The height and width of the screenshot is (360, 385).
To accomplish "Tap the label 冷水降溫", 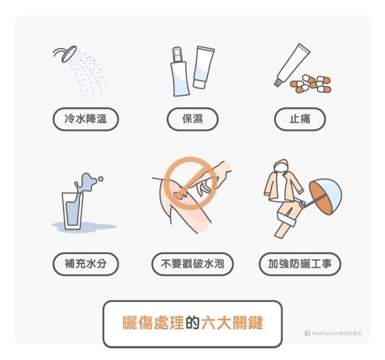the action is click(x=86, y=119).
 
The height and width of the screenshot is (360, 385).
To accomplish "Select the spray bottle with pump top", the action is click(x=180, y=71).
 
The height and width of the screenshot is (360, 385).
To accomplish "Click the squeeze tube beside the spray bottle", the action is click(x=203, y=67).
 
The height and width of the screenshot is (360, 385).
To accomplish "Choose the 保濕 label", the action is click(x=192, y=119).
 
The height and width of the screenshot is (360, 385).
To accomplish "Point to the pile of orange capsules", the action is click(x=310, y=84).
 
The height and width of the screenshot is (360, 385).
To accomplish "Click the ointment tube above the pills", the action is click(x=292, y=65).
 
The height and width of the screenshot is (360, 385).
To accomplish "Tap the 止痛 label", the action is click(x=300, y=119).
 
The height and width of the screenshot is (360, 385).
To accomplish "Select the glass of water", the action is click(x=72, y=211).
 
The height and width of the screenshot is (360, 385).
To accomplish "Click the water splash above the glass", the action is click(x=87, y=183).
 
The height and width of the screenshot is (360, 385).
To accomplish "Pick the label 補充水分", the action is click(x=86, y=264).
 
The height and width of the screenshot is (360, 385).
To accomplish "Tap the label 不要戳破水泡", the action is click(x=192, y=264).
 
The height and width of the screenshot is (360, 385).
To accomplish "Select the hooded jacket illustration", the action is click(x=282, y=183).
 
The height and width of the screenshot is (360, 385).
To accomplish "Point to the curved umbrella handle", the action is click(x=302, y=204).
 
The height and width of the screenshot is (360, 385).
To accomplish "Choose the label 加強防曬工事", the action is click(x=300, y=264).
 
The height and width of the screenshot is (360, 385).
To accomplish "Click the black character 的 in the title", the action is click(x=193, y=323).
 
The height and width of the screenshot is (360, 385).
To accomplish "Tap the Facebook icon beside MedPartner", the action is click(x=307, y=334).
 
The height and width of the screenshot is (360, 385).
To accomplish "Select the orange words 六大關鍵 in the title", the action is click(x=232, y=323).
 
